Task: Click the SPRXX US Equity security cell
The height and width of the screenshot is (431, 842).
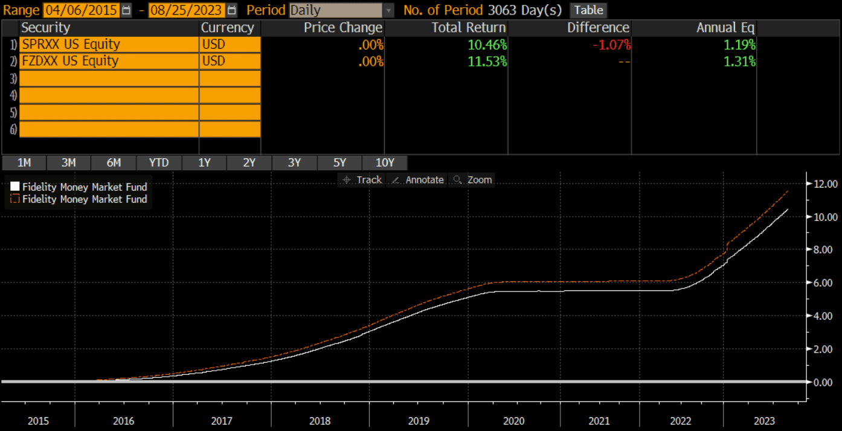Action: [x=109, y=45]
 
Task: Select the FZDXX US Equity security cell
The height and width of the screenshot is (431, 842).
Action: [x=109, y=61]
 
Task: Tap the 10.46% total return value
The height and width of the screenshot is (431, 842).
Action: [x=486, y=45]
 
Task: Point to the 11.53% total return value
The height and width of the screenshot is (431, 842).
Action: [x=486, y=61]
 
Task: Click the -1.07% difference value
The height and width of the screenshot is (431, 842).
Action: [x=612, y=45]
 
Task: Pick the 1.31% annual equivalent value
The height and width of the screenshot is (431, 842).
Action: [x=739, y=61]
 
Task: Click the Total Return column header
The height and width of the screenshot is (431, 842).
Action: [x=468, y=28]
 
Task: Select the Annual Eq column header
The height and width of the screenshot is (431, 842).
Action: [x=725, y=28]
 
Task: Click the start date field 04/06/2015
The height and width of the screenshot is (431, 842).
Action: [x=81, y=10]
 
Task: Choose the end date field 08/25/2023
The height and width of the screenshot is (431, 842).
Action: [x=186, y=10]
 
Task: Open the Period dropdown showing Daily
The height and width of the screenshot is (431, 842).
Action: [x=341, y=10]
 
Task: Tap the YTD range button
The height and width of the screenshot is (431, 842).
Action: [x=159, y=163]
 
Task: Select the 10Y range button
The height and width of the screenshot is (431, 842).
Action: [x=385, y=163]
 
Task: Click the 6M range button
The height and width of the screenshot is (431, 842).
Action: [x=114, y=163]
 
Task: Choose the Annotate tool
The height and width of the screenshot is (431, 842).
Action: [x=418, y=180]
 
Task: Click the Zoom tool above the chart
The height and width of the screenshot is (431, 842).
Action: [x=473, y=180]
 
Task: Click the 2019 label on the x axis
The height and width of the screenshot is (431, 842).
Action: [x=418, y=421]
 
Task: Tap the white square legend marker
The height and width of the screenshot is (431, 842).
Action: [x=15, y=187]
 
